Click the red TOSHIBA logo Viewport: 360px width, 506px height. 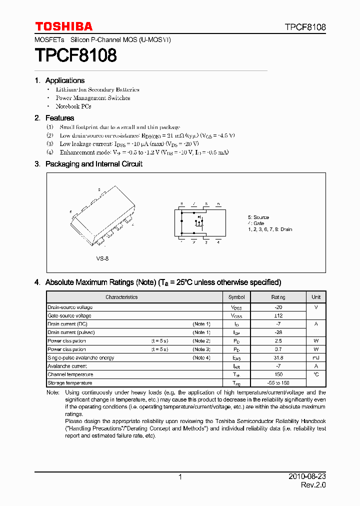tap(63, 26)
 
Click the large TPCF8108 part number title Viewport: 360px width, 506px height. tap(75, 55)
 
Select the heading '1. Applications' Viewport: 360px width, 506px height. tap(60, 80)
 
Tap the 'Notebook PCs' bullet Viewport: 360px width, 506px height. tap(73, 106)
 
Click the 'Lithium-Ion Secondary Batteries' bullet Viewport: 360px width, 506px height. tap(97, 89)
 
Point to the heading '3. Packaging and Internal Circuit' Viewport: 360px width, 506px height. tap(88, 164)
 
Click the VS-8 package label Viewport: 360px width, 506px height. tap(102, 258)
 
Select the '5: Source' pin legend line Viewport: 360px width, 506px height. tap(258, 217)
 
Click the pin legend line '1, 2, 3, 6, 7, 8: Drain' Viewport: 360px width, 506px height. tap(270, 229)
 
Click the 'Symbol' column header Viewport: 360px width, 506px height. tap(236, 297)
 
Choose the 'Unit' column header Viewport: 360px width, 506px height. tap(316, 297)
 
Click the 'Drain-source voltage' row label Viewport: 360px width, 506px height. tap(70, 307)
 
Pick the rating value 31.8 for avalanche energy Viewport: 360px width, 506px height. tap(278, 358)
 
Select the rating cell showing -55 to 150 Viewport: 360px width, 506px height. tap(278, 383)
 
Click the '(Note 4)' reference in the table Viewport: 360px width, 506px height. tap(201, 358)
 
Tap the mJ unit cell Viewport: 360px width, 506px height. tap(316, 358)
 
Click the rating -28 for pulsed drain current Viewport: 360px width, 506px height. tap(278, 332)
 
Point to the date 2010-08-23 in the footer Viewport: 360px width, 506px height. tap(307, 477)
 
